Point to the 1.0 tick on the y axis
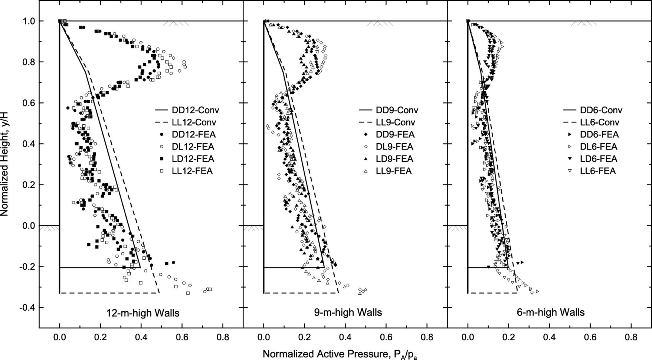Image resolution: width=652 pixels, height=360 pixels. pos(30,21)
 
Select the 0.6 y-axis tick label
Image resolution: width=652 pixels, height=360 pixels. pos(30,103)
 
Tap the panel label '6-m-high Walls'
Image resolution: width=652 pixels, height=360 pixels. pos(550,312)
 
